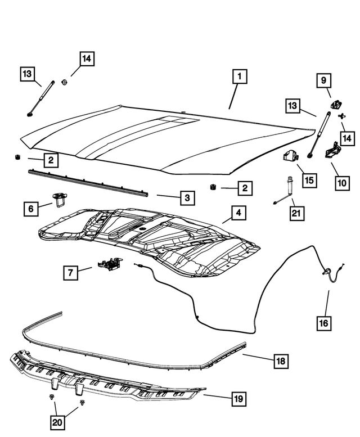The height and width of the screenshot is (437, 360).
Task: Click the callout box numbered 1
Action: [x=238, y=76]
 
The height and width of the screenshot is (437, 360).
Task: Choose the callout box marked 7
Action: [x=71, y=273]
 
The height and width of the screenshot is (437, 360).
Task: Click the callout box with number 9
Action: [x=323, y=81]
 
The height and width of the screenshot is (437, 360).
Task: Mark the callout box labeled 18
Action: [x=280, y=362]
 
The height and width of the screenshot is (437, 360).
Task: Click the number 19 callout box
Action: [x=238, y=399]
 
